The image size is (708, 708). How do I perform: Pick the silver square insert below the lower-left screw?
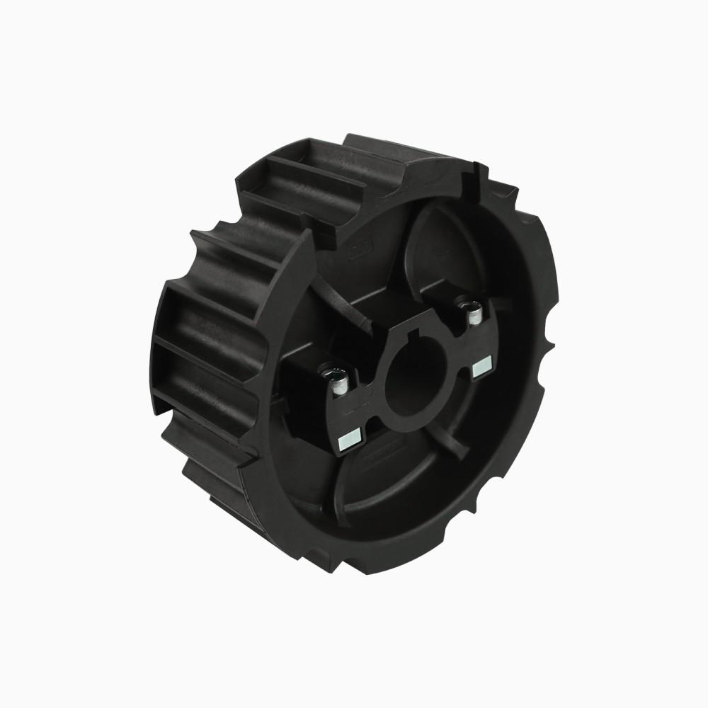coord(350,440)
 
